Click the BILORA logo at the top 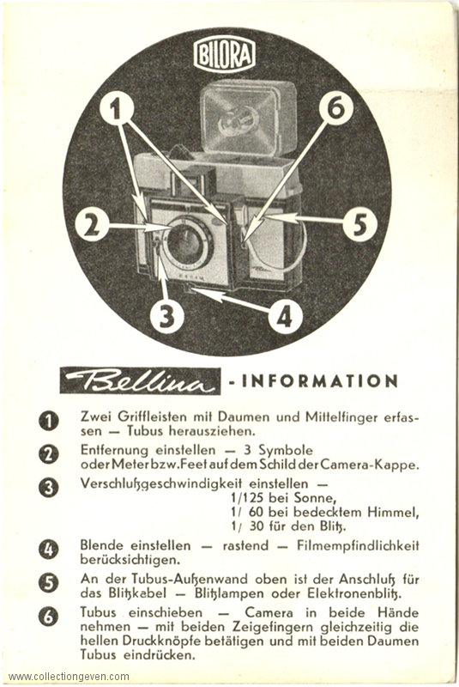coord(224,55)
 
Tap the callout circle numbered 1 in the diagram coord(116,109)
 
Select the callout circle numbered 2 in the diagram coord(92,226)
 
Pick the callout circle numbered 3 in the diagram coord(166,315)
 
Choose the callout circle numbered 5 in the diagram coord(359,225)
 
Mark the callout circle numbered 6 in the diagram coord(336,108)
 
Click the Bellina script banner coord(140,381)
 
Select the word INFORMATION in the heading coord(320,380)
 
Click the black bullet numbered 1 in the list coord(48,422)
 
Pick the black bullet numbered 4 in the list coord(48,550)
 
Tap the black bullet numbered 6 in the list coord(48,617)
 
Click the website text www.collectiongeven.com coord(69,677)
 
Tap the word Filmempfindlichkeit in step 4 coord(358,546)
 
